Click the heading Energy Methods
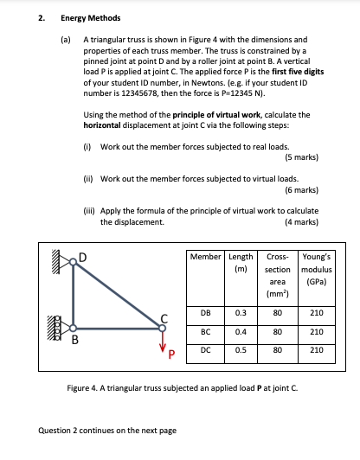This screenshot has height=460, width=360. pos(91,17)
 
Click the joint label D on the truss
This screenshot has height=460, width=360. pos(83,256)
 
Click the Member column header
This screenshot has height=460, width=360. pos(207,257)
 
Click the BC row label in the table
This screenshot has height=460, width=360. pos(207,331)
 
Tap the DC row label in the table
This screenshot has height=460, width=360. pos(207,350)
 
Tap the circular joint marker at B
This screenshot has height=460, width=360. pos(74,329)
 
